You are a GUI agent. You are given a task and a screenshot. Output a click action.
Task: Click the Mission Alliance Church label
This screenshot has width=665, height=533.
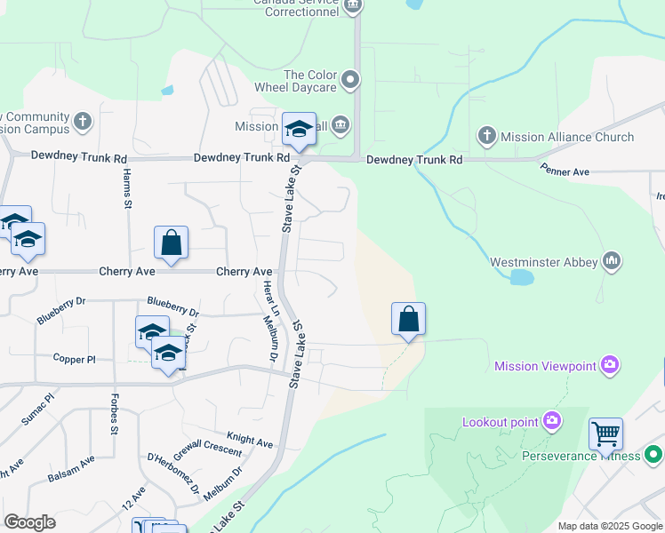coord(567,137)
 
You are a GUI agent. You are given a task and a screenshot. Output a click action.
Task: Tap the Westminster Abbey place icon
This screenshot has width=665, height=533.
coord(610,261)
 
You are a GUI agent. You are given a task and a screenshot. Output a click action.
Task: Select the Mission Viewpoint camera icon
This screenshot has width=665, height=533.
coord(609,365)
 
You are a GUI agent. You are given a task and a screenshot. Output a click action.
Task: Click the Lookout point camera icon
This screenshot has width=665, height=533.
coord(551,420)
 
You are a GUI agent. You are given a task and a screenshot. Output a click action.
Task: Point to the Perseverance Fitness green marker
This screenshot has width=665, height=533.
coord(653,456)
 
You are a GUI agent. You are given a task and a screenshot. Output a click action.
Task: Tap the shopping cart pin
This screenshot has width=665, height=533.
coord(605,435)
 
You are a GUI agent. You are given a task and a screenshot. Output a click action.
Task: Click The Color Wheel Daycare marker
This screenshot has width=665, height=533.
coord(350,81)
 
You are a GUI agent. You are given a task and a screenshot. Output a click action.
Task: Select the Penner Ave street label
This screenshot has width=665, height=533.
coord(565,170)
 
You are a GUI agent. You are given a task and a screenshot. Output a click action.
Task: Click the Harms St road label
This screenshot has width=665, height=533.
coord(127,188)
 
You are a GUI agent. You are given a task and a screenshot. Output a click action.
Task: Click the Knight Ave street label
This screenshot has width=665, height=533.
coord(250,440)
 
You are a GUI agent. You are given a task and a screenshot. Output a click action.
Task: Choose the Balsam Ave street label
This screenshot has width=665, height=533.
coord(71,469)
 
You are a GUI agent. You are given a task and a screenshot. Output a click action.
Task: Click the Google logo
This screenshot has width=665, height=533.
coord(29,522)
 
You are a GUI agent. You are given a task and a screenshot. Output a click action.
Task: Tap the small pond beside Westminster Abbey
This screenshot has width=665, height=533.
coord(522,277)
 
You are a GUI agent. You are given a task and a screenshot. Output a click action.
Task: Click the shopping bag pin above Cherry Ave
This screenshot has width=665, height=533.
coord(171,243)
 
